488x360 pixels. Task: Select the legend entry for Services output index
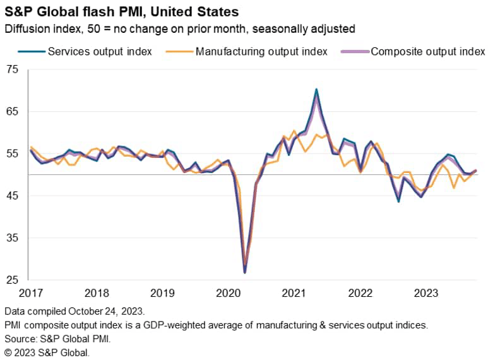coord(100,52)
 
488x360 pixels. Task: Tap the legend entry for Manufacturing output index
coord(261,52)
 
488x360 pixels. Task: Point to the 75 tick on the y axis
coord(13,69)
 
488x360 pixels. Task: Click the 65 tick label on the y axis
coord(13,112)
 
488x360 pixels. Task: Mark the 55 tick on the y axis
coord(13,153)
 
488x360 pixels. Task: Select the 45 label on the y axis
coord(13,196)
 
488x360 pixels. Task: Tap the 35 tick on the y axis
coord(13,238)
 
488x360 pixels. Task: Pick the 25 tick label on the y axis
coord(13,280)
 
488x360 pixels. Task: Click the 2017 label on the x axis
coord(31,293)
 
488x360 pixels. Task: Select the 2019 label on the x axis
coord(163,293)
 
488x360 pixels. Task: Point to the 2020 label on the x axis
coord(229,293)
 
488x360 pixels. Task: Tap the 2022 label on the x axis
coord(360,293)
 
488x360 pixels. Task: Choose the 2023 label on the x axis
coord(426,293)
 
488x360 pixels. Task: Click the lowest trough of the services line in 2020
coord(244,272)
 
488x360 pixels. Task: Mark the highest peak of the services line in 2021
coord(316,90)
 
